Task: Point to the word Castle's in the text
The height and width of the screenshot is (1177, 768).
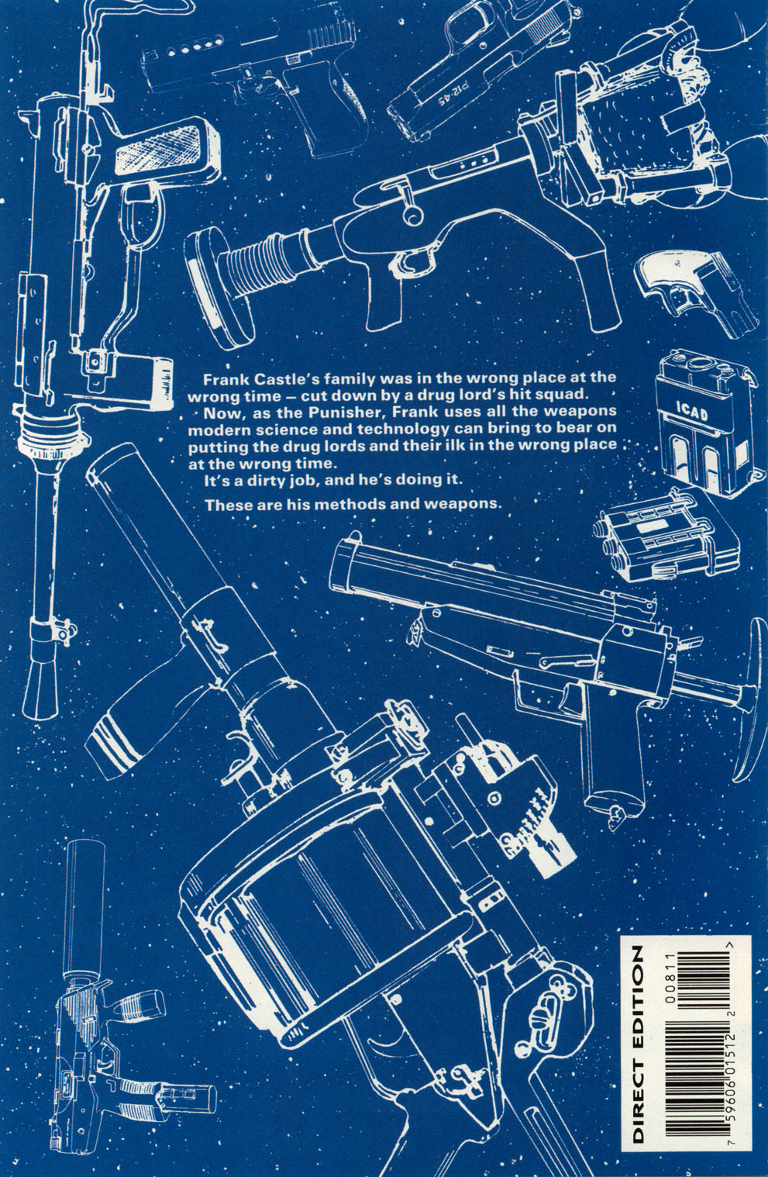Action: coord(277,379)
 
